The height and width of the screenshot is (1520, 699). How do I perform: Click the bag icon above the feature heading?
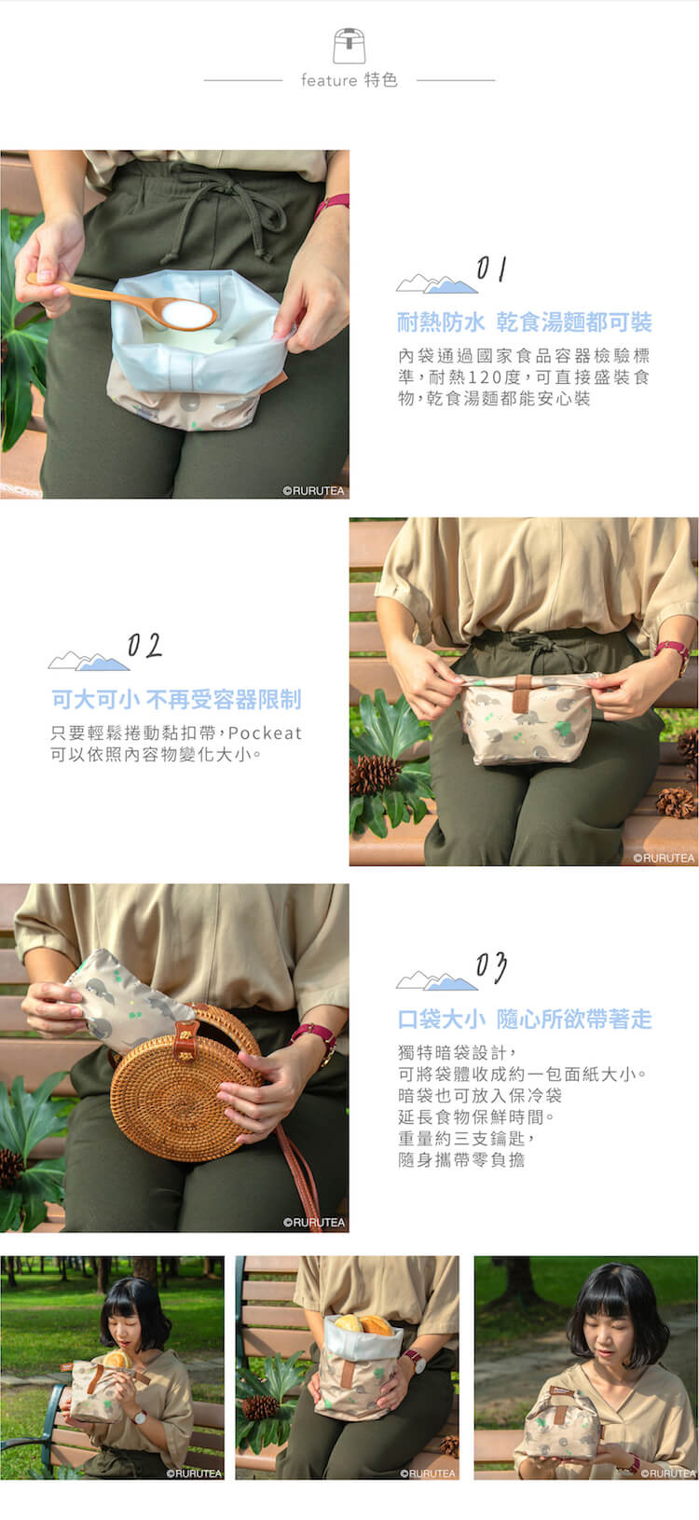click(x=349, y=46)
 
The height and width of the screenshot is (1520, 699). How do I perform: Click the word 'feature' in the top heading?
click(x=329, y=81)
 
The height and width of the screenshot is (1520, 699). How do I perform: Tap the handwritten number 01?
click(x=491, y=268)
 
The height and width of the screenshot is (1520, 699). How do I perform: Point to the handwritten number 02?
click(x=144, y=645)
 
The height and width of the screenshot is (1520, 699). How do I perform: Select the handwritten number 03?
click(x=491, y=966)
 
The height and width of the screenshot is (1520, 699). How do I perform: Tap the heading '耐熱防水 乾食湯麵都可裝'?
click(x=524, y=322)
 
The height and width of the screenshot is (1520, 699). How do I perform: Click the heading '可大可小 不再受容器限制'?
click(x=176, y=700)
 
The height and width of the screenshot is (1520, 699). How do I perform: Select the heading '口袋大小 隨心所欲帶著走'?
click(x=524, y=1020)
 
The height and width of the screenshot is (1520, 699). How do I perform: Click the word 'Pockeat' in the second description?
click(x=265, y=733)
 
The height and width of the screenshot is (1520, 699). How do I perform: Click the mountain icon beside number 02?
click(x=89, y=661)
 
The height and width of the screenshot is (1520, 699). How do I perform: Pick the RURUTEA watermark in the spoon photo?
click(x=313, y=490)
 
